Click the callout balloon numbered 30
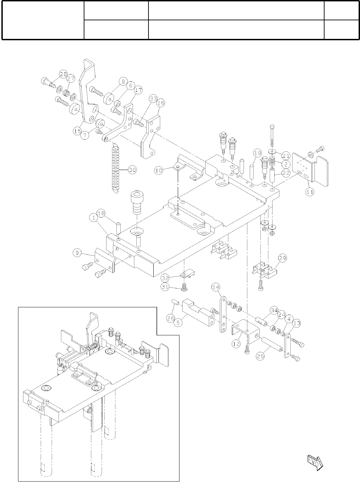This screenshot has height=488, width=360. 132,170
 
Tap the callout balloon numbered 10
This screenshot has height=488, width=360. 159,170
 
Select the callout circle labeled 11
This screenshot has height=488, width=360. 310,192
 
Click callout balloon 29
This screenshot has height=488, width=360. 282,258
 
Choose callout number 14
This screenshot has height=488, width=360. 216,288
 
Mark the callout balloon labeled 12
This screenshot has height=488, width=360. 236,344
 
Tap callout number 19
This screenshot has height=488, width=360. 258,153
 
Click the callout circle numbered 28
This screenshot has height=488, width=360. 63,74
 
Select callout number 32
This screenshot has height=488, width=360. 165,278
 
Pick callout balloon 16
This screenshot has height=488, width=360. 161,103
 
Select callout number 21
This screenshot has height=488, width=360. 286,156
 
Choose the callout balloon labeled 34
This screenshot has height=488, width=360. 274,310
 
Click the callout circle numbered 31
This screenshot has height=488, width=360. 165,287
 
